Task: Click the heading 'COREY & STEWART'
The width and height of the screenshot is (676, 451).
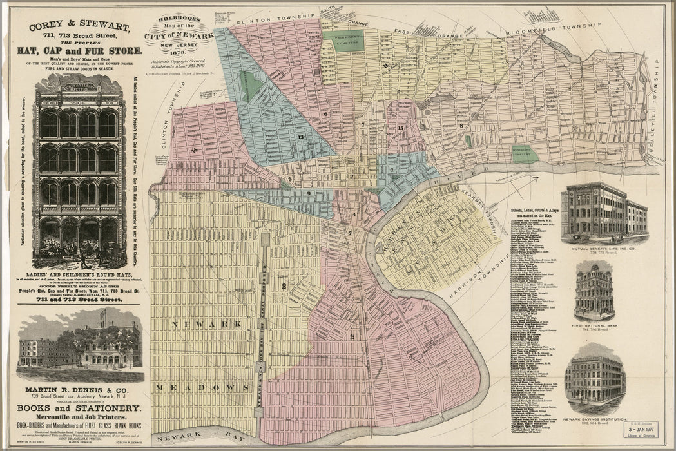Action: point(79,26)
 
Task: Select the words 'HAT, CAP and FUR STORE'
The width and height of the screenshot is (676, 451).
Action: point(80,51)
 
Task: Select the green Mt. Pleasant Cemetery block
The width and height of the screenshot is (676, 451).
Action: point(525,153)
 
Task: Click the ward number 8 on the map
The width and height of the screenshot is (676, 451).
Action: point(462,125)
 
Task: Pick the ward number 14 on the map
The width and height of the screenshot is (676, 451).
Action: point(193,150)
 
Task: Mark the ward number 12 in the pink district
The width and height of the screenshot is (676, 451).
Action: point(352,336)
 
